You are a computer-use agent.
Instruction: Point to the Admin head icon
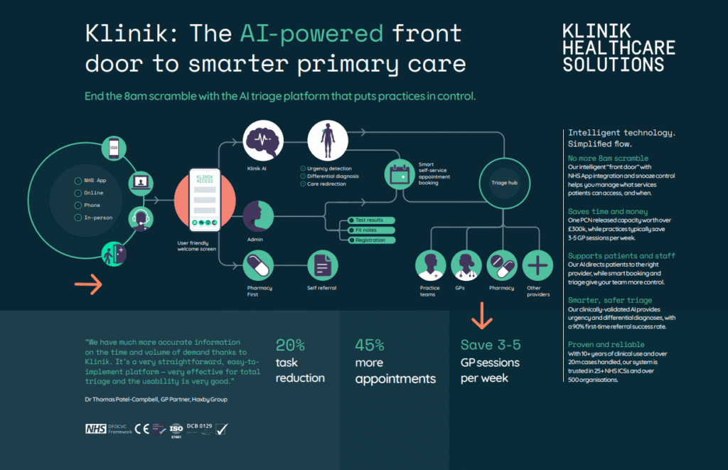click(x=258, y=215)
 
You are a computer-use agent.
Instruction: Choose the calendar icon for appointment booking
click(x=399, y=173)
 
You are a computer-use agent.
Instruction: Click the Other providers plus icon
click(x=537, y=265)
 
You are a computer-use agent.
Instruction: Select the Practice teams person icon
click(x=430, y=265)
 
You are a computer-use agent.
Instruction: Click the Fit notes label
click(x=366, y=230)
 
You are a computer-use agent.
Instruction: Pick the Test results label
click(x=369, y=220)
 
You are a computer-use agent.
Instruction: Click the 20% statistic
click(x=290, y=346)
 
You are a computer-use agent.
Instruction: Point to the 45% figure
click(x=370, y=346)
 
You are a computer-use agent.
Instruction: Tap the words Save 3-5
click(x=491, y=345)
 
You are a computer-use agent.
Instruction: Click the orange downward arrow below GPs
click(x=482, y=316)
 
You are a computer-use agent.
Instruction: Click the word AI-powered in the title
click(x=311, y=33)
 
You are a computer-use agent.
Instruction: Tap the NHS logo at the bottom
click(x=95, y=429)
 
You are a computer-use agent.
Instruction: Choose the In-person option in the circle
click(x=98, y=218)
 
